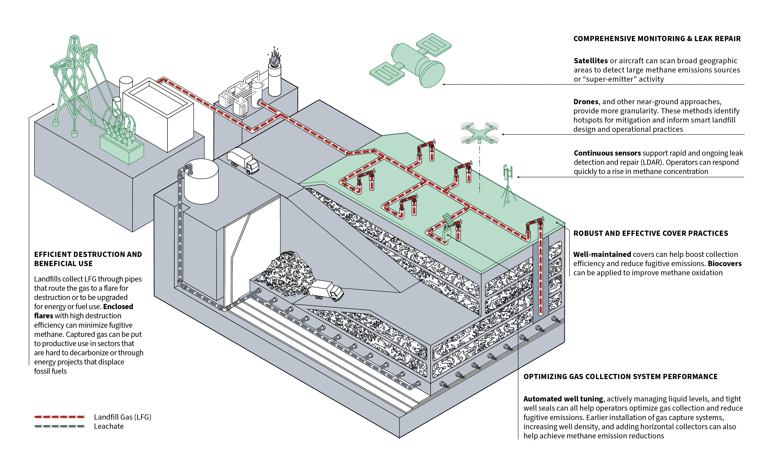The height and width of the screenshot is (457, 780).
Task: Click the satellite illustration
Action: tap(410, 60)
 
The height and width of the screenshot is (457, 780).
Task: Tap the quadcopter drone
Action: tap(479, 133)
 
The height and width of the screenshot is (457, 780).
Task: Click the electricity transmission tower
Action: tap(74, 84)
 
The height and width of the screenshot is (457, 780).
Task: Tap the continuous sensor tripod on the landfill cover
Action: tap(508, 186)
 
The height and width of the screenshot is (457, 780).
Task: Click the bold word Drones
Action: tap(586, 102)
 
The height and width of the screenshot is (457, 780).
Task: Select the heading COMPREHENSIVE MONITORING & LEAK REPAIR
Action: tap(657, 39)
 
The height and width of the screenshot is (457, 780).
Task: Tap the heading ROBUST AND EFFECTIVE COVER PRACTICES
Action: tap(651, 233)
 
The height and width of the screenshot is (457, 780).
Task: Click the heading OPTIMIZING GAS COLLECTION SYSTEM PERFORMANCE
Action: tap(620, 377)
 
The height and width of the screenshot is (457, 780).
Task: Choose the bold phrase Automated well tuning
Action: tap(563, 399)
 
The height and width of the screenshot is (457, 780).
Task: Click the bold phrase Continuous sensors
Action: tap(607, 153)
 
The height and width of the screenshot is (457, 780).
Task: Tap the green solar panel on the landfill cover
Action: tap(448, 220)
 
